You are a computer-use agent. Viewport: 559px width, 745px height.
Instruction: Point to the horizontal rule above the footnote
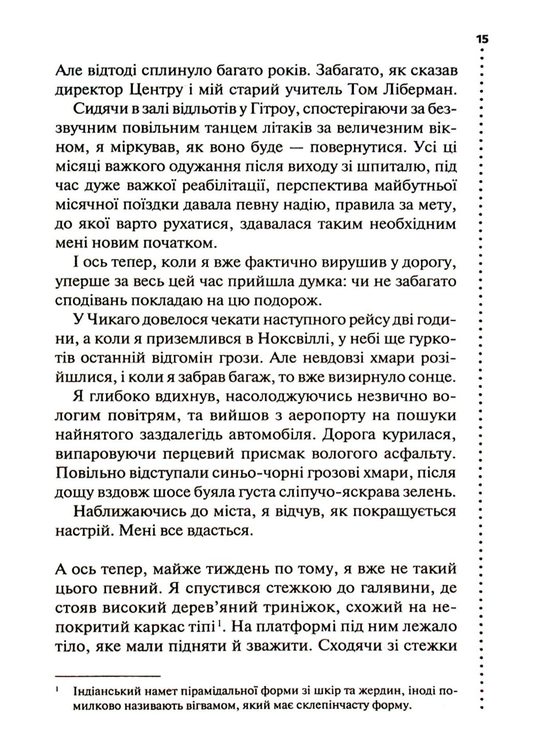[x=107, y=676]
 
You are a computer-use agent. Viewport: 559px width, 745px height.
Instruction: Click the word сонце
[x=431, y=378]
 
